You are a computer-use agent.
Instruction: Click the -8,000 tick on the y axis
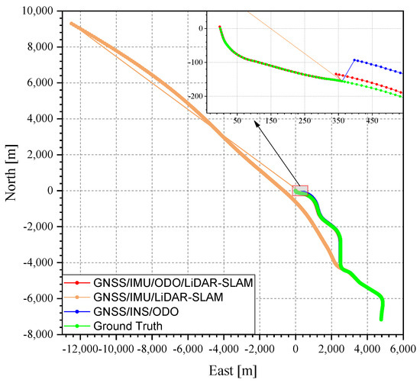(39, 334)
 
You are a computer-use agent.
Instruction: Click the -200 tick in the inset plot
(200, 97)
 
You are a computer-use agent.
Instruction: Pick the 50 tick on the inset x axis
(237, 121)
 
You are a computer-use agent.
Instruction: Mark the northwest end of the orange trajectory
(71, 23)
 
